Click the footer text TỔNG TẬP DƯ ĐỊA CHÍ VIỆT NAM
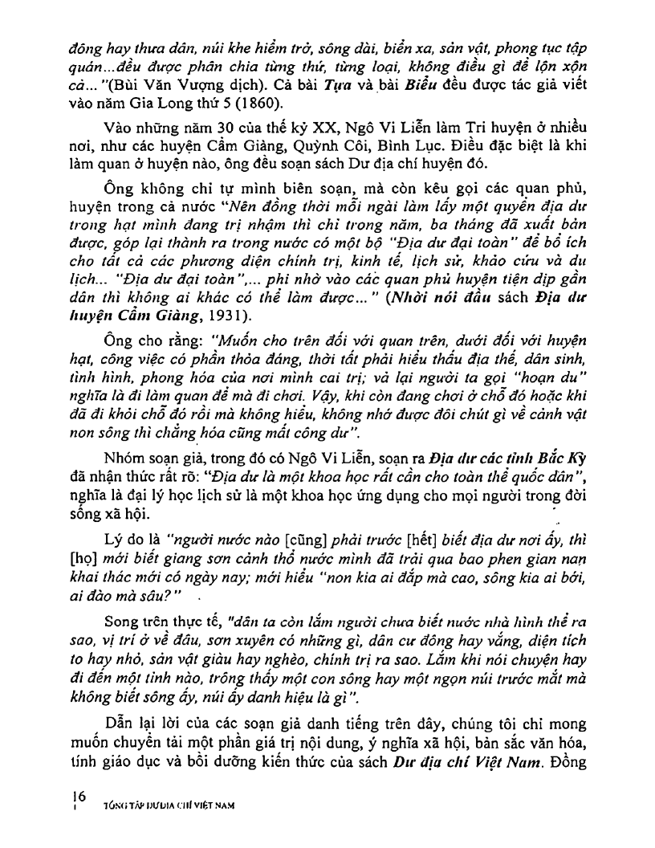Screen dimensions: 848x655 (169, 803)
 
